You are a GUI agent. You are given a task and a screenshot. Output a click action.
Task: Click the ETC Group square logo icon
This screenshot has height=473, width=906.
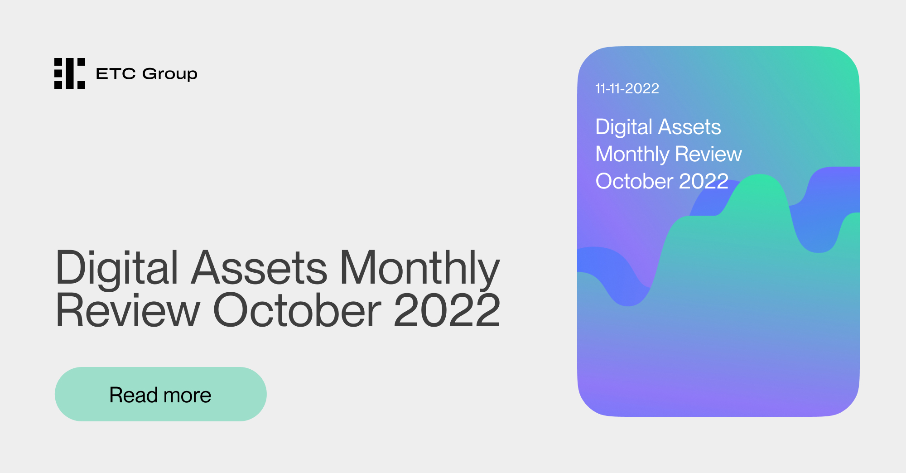click(70, 73)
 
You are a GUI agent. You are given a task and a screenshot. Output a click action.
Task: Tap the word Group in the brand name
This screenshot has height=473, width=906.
click(170, 74)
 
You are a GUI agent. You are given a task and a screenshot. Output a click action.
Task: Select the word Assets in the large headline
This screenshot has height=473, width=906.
click(259, 268)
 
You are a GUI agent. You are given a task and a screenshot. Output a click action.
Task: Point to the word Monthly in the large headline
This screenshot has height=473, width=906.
click(419, 268)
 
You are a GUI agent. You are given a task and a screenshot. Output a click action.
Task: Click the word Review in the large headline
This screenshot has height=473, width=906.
click(127, 311)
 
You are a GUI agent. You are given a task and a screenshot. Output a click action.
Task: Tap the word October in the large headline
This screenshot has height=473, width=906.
click(297, 311)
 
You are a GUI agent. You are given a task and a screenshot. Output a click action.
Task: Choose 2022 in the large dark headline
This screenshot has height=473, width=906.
click(447, 311)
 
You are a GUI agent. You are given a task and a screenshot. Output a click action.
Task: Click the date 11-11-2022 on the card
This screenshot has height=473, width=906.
click(627, 88)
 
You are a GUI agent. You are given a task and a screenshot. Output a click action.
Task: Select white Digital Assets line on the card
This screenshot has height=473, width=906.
click(658, 127)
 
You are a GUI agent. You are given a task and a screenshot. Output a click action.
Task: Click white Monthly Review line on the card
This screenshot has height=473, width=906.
click(668, 154)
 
